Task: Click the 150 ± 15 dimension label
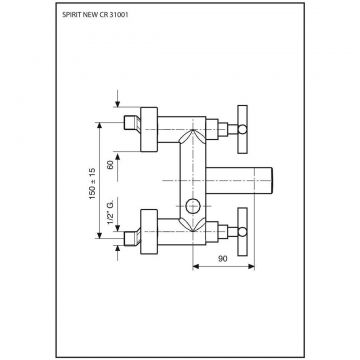(x=92, y=184)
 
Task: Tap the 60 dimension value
(x=110, y=164)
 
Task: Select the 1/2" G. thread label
(x=110, y=212)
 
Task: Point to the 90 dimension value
(x=222, y=258)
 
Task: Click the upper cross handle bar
(x=243, y=129)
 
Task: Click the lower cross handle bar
(x=243, y=232)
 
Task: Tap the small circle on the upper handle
(x=243, y=129)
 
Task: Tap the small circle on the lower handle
(x=243, y=232)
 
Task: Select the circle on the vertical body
(x=194, y=206)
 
